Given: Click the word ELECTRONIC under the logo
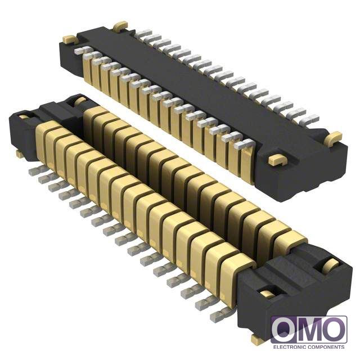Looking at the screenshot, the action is pyautogui.click(x=290, y=347).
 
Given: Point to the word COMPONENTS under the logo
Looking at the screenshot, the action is pyautogui.click(x=326, y=347).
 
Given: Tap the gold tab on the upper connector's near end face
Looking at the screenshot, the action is pyautogui.click(x=277, y=159).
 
